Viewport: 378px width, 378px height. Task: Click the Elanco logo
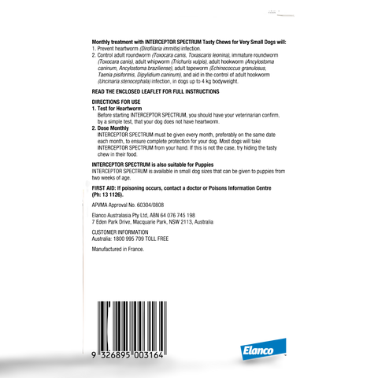click(263, 349)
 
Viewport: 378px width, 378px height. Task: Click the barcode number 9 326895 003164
click(128, 355)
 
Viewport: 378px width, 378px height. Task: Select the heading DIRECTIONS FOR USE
click(116, 102)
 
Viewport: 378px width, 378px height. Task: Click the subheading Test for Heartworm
click(120, 109)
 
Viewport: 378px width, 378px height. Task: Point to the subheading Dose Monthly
click(113, 128)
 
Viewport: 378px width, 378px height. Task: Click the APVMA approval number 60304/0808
click(150, 205)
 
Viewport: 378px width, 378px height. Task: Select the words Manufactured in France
click(118, 249)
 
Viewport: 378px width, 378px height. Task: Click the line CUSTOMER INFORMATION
click(120, 232)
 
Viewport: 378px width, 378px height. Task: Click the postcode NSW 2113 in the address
click(180, 222)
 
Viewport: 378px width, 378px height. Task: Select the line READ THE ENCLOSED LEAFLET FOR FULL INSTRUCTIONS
click(155, 91)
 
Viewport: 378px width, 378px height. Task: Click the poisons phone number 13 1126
click(114, 195)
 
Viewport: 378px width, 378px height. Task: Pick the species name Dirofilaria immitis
click(160, 49)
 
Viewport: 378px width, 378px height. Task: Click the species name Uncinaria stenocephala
click(124, 81)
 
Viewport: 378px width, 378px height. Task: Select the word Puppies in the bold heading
click(204, 165)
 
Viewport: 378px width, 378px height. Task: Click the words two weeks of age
click(111, 178)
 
